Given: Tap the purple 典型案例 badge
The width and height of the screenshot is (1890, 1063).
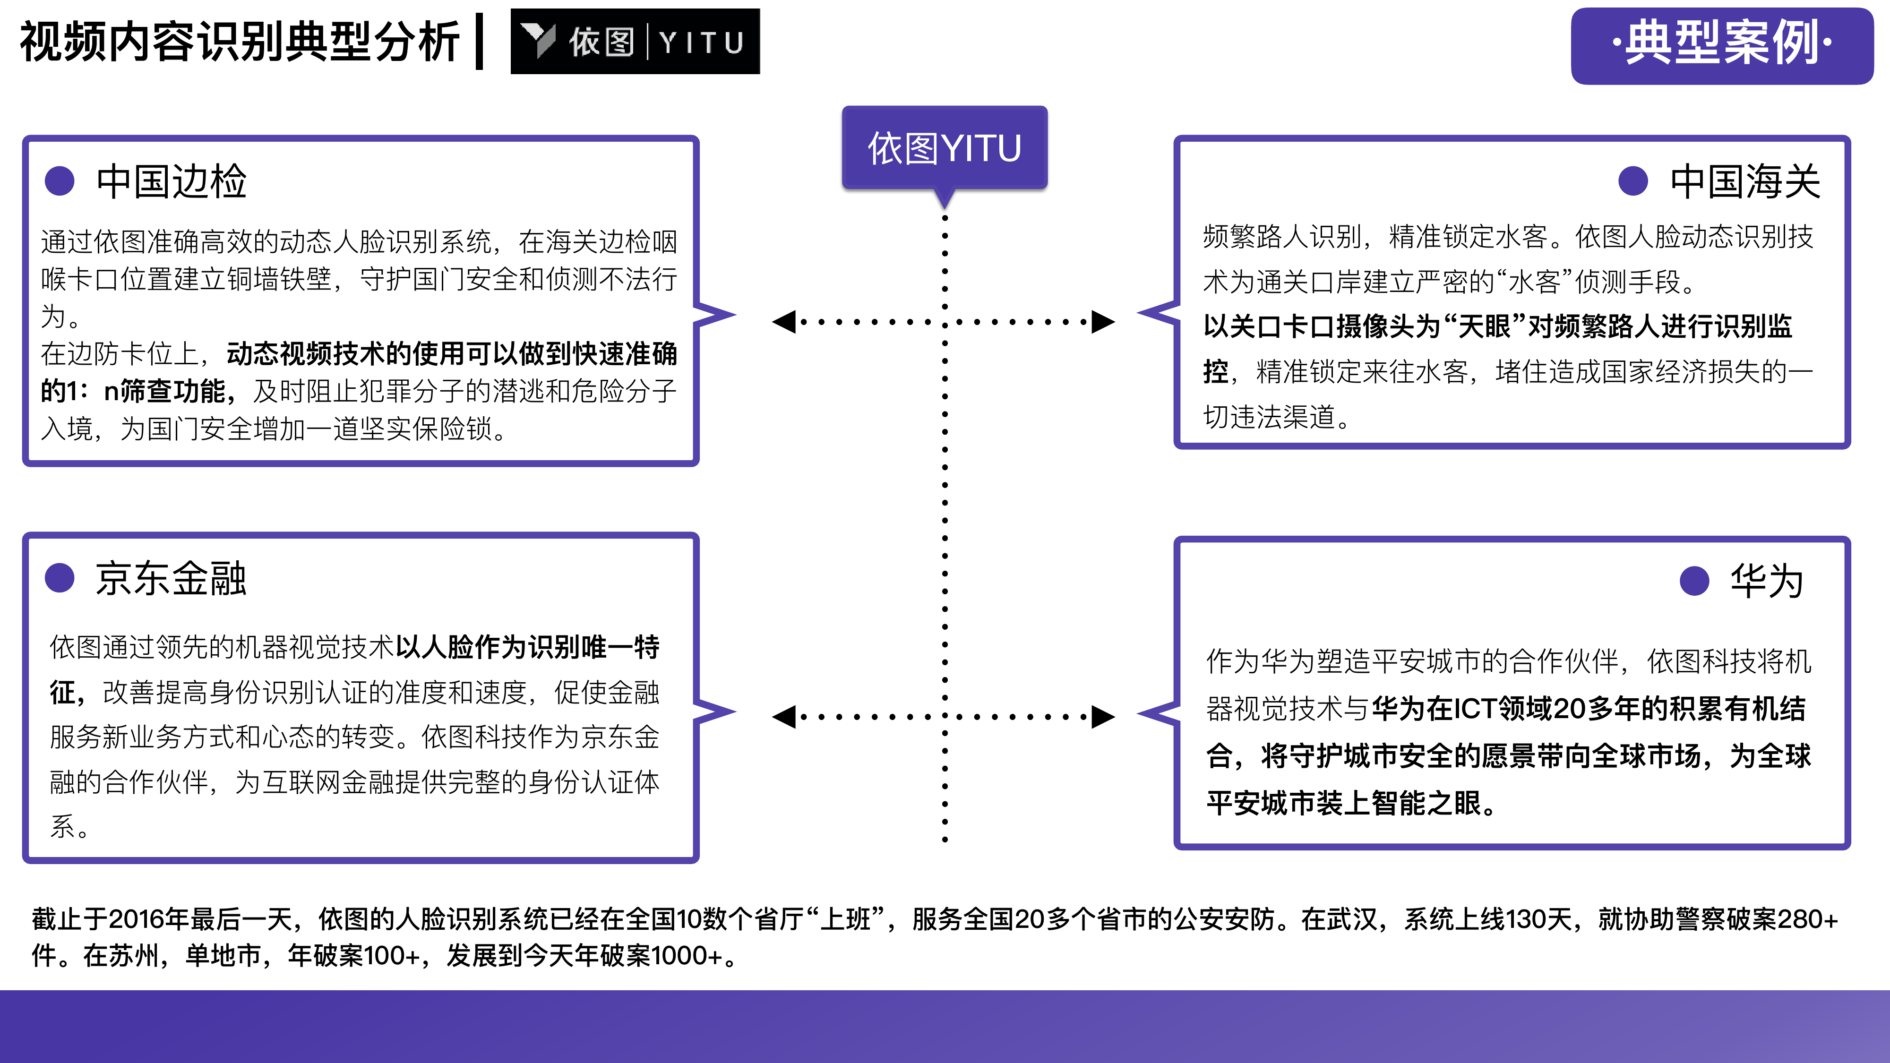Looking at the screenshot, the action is (1721, 45).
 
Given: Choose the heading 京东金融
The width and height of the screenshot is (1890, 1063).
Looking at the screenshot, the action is (171, 578).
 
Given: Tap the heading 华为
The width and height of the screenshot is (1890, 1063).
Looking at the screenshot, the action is (1767, 581).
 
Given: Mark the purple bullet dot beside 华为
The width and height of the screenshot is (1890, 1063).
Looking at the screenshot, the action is (1695, 581).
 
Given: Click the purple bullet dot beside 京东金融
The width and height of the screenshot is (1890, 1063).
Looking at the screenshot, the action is (60, 578).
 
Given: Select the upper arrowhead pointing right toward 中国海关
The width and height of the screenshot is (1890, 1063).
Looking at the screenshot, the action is (1103, 321).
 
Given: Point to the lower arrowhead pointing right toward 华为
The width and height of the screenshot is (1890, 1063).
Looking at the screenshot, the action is (1103, 717).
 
